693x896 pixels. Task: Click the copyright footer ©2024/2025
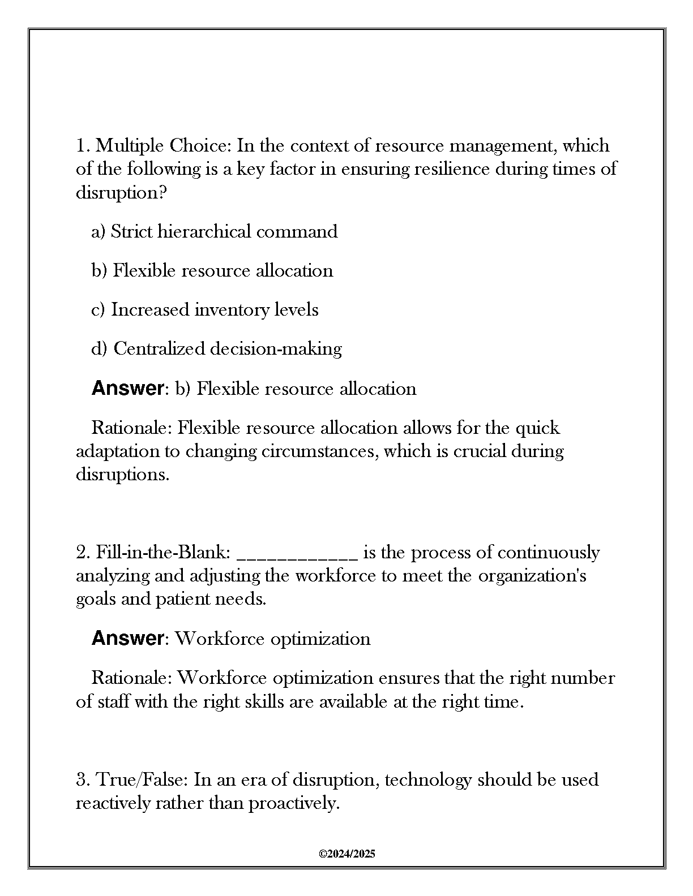pos(346,854)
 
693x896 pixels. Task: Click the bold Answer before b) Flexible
pos(127,389)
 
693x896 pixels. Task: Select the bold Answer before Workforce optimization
pos(127,639)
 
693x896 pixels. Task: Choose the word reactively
pos(113,803)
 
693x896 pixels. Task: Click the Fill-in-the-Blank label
pos(163,552)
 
